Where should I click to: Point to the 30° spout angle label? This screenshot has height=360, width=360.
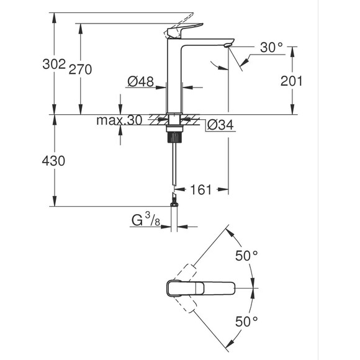point(271,47)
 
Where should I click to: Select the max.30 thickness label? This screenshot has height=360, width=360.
point(119,120)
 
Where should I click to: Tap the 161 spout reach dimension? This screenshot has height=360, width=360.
point(200,189)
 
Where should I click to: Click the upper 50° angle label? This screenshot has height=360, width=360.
point(246,256)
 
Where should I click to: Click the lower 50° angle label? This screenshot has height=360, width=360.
point(246,321)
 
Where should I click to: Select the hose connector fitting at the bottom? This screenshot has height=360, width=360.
point(175,200)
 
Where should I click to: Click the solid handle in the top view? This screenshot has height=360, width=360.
point(200,289)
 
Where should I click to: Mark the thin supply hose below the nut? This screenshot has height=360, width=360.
point(175,164)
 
